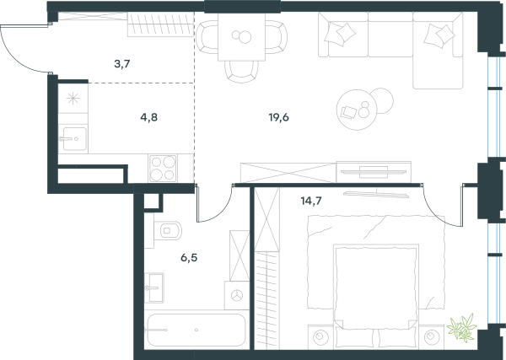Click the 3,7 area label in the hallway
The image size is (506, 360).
122,64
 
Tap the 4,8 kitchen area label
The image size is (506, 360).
148,117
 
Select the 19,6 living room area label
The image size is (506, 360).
279,117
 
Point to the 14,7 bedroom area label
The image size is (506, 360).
311,201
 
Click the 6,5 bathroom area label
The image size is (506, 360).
189,258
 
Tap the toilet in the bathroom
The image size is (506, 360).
168,230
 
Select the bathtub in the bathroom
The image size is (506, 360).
196,330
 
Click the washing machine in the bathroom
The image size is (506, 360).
237,295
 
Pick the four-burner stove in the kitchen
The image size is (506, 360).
163,168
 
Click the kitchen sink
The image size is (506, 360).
74,139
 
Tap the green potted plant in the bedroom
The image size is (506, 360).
462,327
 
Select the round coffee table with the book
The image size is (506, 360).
357,110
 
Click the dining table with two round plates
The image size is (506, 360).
241,37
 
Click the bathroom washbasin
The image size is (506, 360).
154,287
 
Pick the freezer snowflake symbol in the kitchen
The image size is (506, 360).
73,99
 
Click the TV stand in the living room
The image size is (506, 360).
374,172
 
